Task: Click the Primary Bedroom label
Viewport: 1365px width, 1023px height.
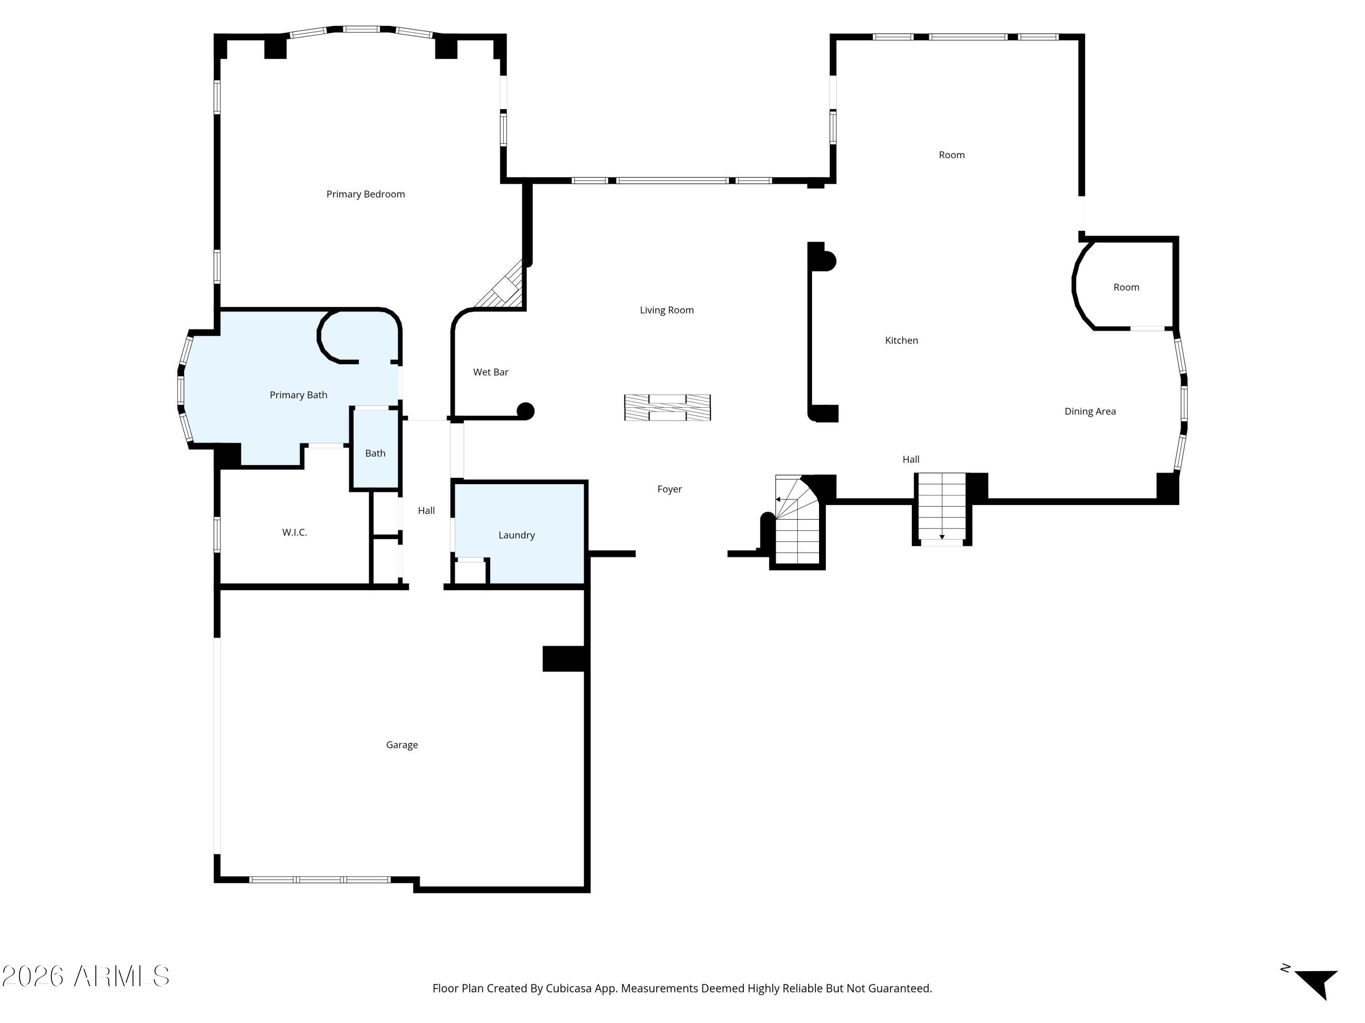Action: point(365,194)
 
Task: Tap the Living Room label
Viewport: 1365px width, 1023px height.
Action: point(667,310)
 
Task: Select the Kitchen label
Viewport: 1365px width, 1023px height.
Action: point(901,341)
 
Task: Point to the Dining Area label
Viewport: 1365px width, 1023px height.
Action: point(1090,411)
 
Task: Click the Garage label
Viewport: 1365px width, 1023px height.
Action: point(402,745)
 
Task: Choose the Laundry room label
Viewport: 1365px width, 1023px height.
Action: point(516,535)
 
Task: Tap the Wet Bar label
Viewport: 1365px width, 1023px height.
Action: point(490,372)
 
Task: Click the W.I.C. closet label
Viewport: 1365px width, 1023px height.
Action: point(294,532)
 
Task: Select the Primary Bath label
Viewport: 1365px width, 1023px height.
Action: point(298,395)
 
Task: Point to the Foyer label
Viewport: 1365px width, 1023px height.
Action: point(670,489)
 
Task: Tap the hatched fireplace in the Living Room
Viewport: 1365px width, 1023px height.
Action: point(667,407)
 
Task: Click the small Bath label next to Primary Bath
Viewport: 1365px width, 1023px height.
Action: point(375,453)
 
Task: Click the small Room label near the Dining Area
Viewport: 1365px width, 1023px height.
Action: point(1126,287)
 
